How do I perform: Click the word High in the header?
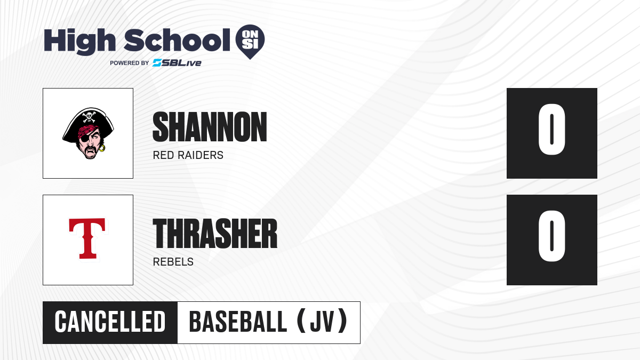[79, 42]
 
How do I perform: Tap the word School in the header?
[177, 40]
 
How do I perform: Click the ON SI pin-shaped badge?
[250, 42]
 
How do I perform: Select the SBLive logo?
[177, 63]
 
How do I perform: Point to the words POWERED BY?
[130, 63]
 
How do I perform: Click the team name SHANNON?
[210, 127]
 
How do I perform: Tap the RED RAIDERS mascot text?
[188, 155]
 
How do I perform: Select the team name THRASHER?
[215, 234]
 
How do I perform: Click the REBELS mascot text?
[173, 262]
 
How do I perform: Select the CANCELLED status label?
[110, 322]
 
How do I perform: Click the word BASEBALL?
[238, 322]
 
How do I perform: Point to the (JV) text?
[322, 322]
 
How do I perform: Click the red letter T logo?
[87, 238]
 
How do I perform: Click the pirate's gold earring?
[102, 148]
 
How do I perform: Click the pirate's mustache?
[91, 150]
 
